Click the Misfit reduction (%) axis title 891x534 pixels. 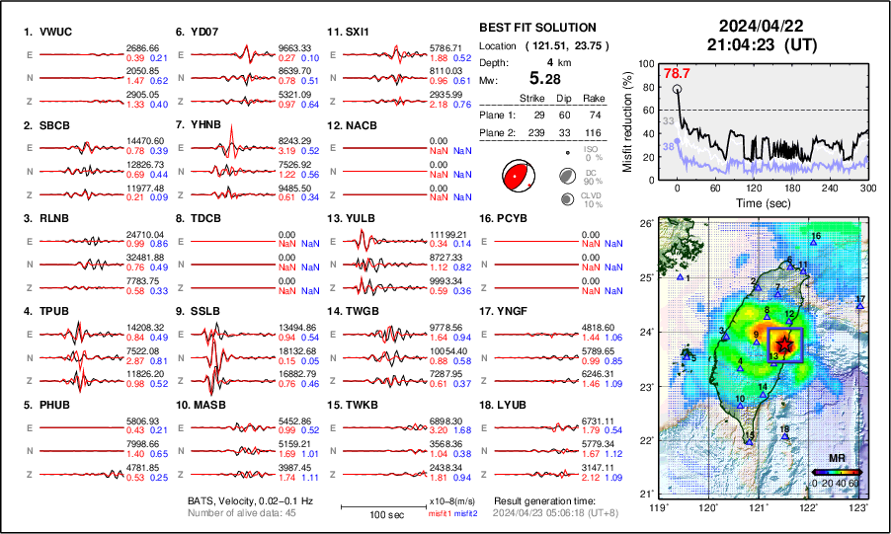coord(628,120)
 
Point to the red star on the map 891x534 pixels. coord(784,343)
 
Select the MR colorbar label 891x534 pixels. coord(836,460)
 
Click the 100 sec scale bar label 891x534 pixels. coord(369,514)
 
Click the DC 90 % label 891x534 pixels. coord(593,178)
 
